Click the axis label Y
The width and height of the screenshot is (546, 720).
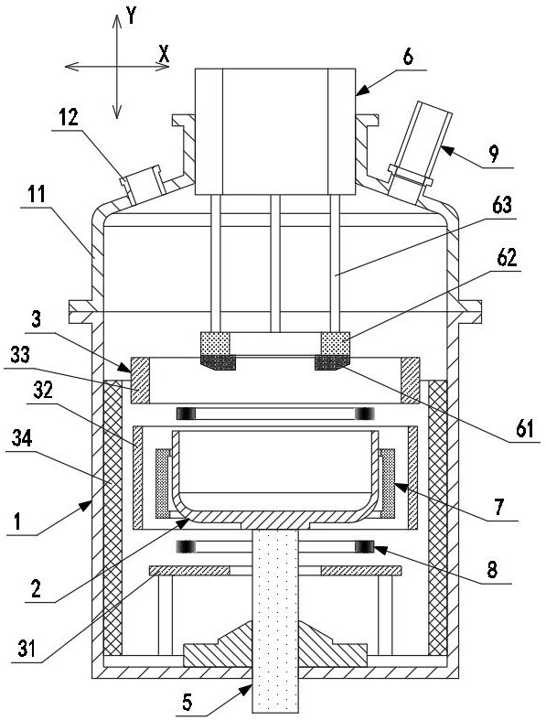coord(132,17)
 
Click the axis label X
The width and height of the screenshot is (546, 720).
coord(164,55)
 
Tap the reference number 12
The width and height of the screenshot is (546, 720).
coord(69,118)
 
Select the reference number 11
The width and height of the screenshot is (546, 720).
coord(37,194)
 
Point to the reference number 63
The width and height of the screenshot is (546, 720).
coord(502,205)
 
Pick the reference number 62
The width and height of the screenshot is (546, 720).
coord(507,258)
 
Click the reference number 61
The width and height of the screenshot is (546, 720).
coord(524,429)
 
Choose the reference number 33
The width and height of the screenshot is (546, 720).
coord(20,355)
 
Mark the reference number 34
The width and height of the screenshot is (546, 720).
coord(22,438)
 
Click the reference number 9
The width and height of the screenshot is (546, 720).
coord(494,154)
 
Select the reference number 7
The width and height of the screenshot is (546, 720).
coord(500,507)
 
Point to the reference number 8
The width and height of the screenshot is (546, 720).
coord(492,570)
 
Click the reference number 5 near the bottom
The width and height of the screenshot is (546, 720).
coord(187,702)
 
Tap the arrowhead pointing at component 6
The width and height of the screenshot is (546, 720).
coord(362,91)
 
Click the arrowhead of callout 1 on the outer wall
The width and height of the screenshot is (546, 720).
coord(86,507)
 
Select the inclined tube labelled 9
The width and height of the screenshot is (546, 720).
coord(418,152)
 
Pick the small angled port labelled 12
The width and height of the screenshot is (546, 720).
coord(143,185)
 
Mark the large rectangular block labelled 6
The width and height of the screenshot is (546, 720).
coord(275,132)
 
